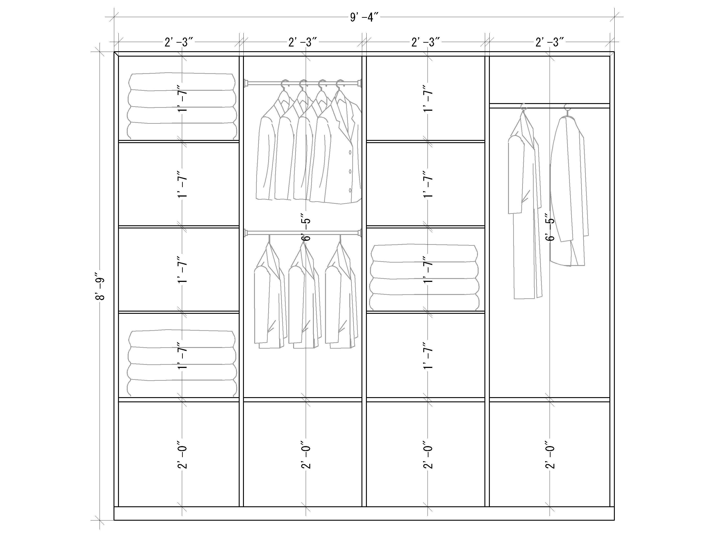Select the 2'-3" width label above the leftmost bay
179,42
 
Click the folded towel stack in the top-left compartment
182,106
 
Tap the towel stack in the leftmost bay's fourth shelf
182,363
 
